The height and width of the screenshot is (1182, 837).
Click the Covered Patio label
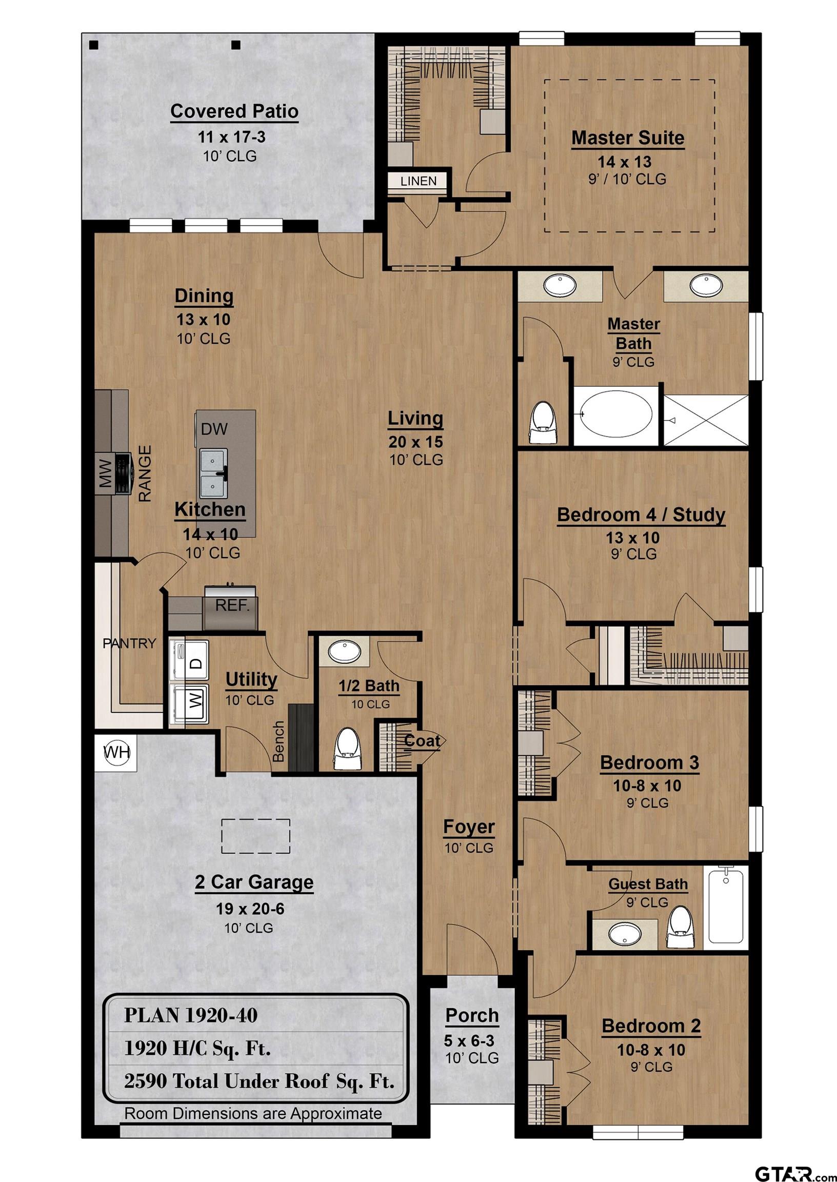pos(234,111)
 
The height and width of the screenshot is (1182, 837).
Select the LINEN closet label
pos(418,181)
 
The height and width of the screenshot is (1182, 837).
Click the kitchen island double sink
pos(213,471)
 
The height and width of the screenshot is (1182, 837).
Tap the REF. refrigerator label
pos(232,605)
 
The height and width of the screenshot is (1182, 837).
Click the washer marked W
pos(189,704)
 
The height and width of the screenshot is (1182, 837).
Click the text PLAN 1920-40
pos(191,1015)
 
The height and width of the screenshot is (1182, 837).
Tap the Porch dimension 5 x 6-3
pos(472,1041)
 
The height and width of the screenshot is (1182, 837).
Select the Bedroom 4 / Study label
pos(641,515)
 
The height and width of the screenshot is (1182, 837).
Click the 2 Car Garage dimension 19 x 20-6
pos(250,908)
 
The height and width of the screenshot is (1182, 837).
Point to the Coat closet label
pos(422,741)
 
